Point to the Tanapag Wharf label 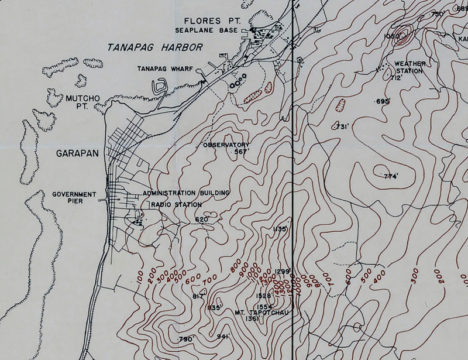(x=166, y=68)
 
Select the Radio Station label (x=177, y=204)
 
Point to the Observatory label (x=226, y=145)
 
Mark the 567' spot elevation (x=242, y=152)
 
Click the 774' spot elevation (x=390, y=176)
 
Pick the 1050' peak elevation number (x=391, y=36)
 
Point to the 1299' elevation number (x=283, y=270)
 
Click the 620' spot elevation (x=202, y=220)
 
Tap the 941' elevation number (x=222, y=336)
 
